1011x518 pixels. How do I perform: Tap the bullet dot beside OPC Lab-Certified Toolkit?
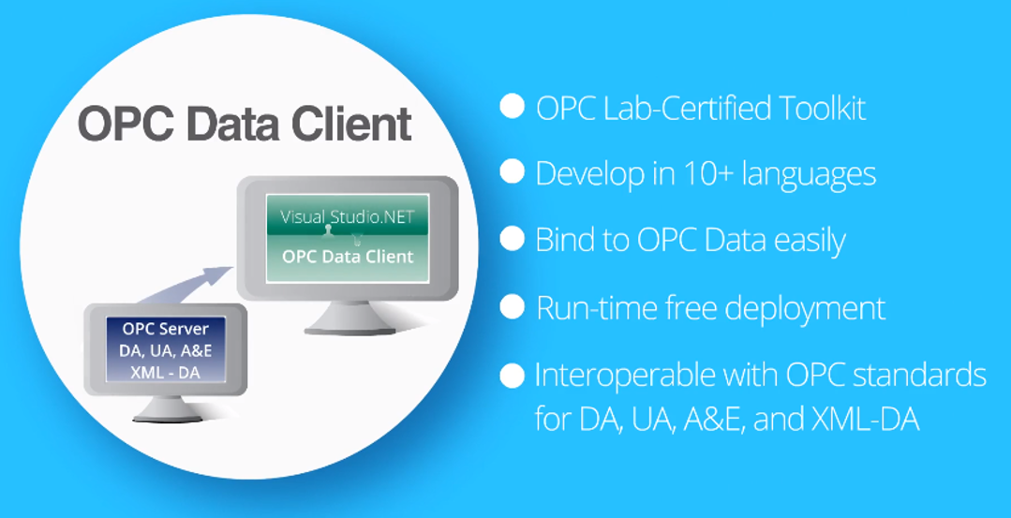coord(512,106)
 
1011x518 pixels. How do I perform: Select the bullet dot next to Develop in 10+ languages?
coord(512,171)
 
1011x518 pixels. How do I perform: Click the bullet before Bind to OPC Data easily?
coord(512,239)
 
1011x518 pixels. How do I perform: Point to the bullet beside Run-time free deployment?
coord(512,306)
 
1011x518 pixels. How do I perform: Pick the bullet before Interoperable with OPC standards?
coord(512,376)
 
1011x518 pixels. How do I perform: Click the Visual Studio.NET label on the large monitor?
coord(347,218)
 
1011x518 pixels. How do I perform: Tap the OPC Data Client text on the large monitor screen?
coord(348,256)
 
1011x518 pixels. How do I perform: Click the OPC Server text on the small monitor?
coord(166,329)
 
